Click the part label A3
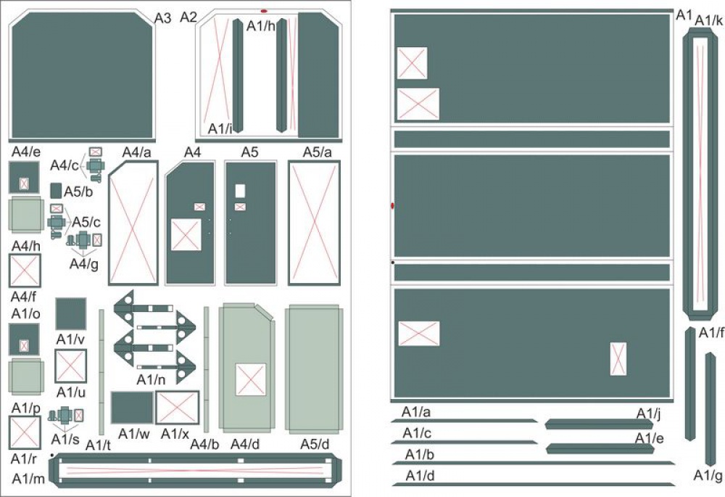(x=162, y=18)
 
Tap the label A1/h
(x=261, y=26)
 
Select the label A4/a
(x=137, y=152)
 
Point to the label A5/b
(x=78, y=192)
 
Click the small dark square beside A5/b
(x=56, y=190)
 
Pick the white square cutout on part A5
(x=240, y=191)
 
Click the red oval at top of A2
(x=264, y=11)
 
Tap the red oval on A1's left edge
(x=392, y=205)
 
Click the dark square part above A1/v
(x=71, y=313)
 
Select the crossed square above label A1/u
(x=71, y=366)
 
